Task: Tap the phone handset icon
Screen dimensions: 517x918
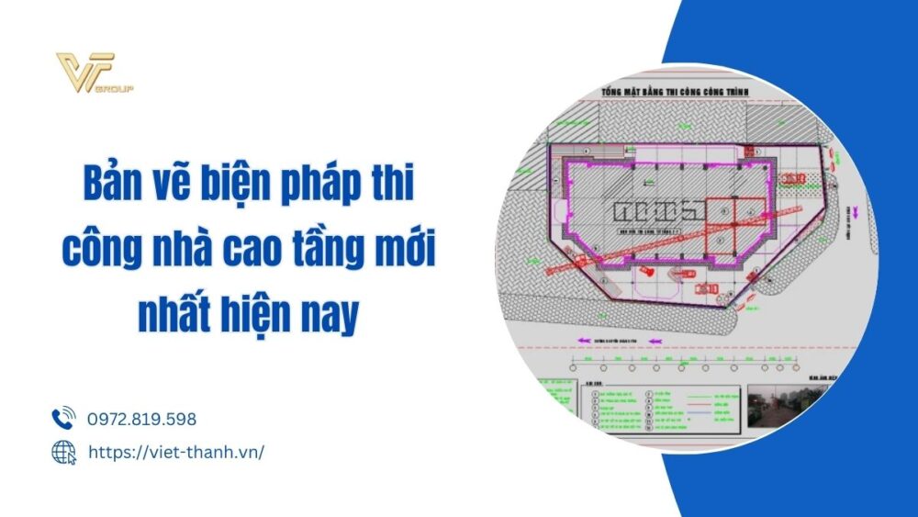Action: tap(63, 420)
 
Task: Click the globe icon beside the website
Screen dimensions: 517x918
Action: tap(63, 452)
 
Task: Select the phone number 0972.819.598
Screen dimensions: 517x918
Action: tap(142, 420)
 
